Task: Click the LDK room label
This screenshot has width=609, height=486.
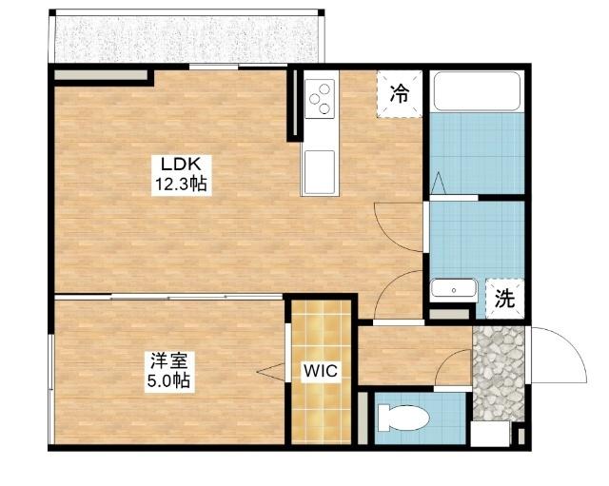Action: click(181, 165)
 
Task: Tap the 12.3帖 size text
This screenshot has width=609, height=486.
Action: click(181, 184)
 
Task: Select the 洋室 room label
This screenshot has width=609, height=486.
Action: click(169, 361)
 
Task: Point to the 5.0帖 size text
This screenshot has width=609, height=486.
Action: click(168, 380)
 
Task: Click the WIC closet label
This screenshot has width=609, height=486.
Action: click(321, 371)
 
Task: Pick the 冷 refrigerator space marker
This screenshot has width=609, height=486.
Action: click(400, 93)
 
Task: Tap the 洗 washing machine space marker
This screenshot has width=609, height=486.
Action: click(504, 299)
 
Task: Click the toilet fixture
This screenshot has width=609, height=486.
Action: click(403, 418)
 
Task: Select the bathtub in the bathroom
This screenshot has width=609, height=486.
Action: click(477, 91)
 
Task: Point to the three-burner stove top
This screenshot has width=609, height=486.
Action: click(320, 99)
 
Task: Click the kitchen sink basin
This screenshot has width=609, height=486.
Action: click(320, 172)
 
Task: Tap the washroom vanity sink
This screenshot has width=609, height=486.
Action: click(453, 288)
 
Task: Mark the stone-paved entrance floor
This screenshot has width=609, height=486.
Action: click(499, 374)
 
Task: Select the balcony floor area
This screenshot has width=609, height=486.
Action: click(187, 39)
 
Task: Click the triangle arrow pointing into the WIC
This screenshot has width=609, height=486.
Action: click(270, 372)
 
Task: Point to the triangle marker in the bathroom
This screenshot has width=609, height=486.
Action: click(438, 183)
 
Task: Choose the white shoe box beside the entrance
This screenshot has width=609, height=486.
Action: click(490, 434)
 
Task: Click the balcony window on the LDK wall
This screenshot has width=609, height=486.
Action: click(213, 67)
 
